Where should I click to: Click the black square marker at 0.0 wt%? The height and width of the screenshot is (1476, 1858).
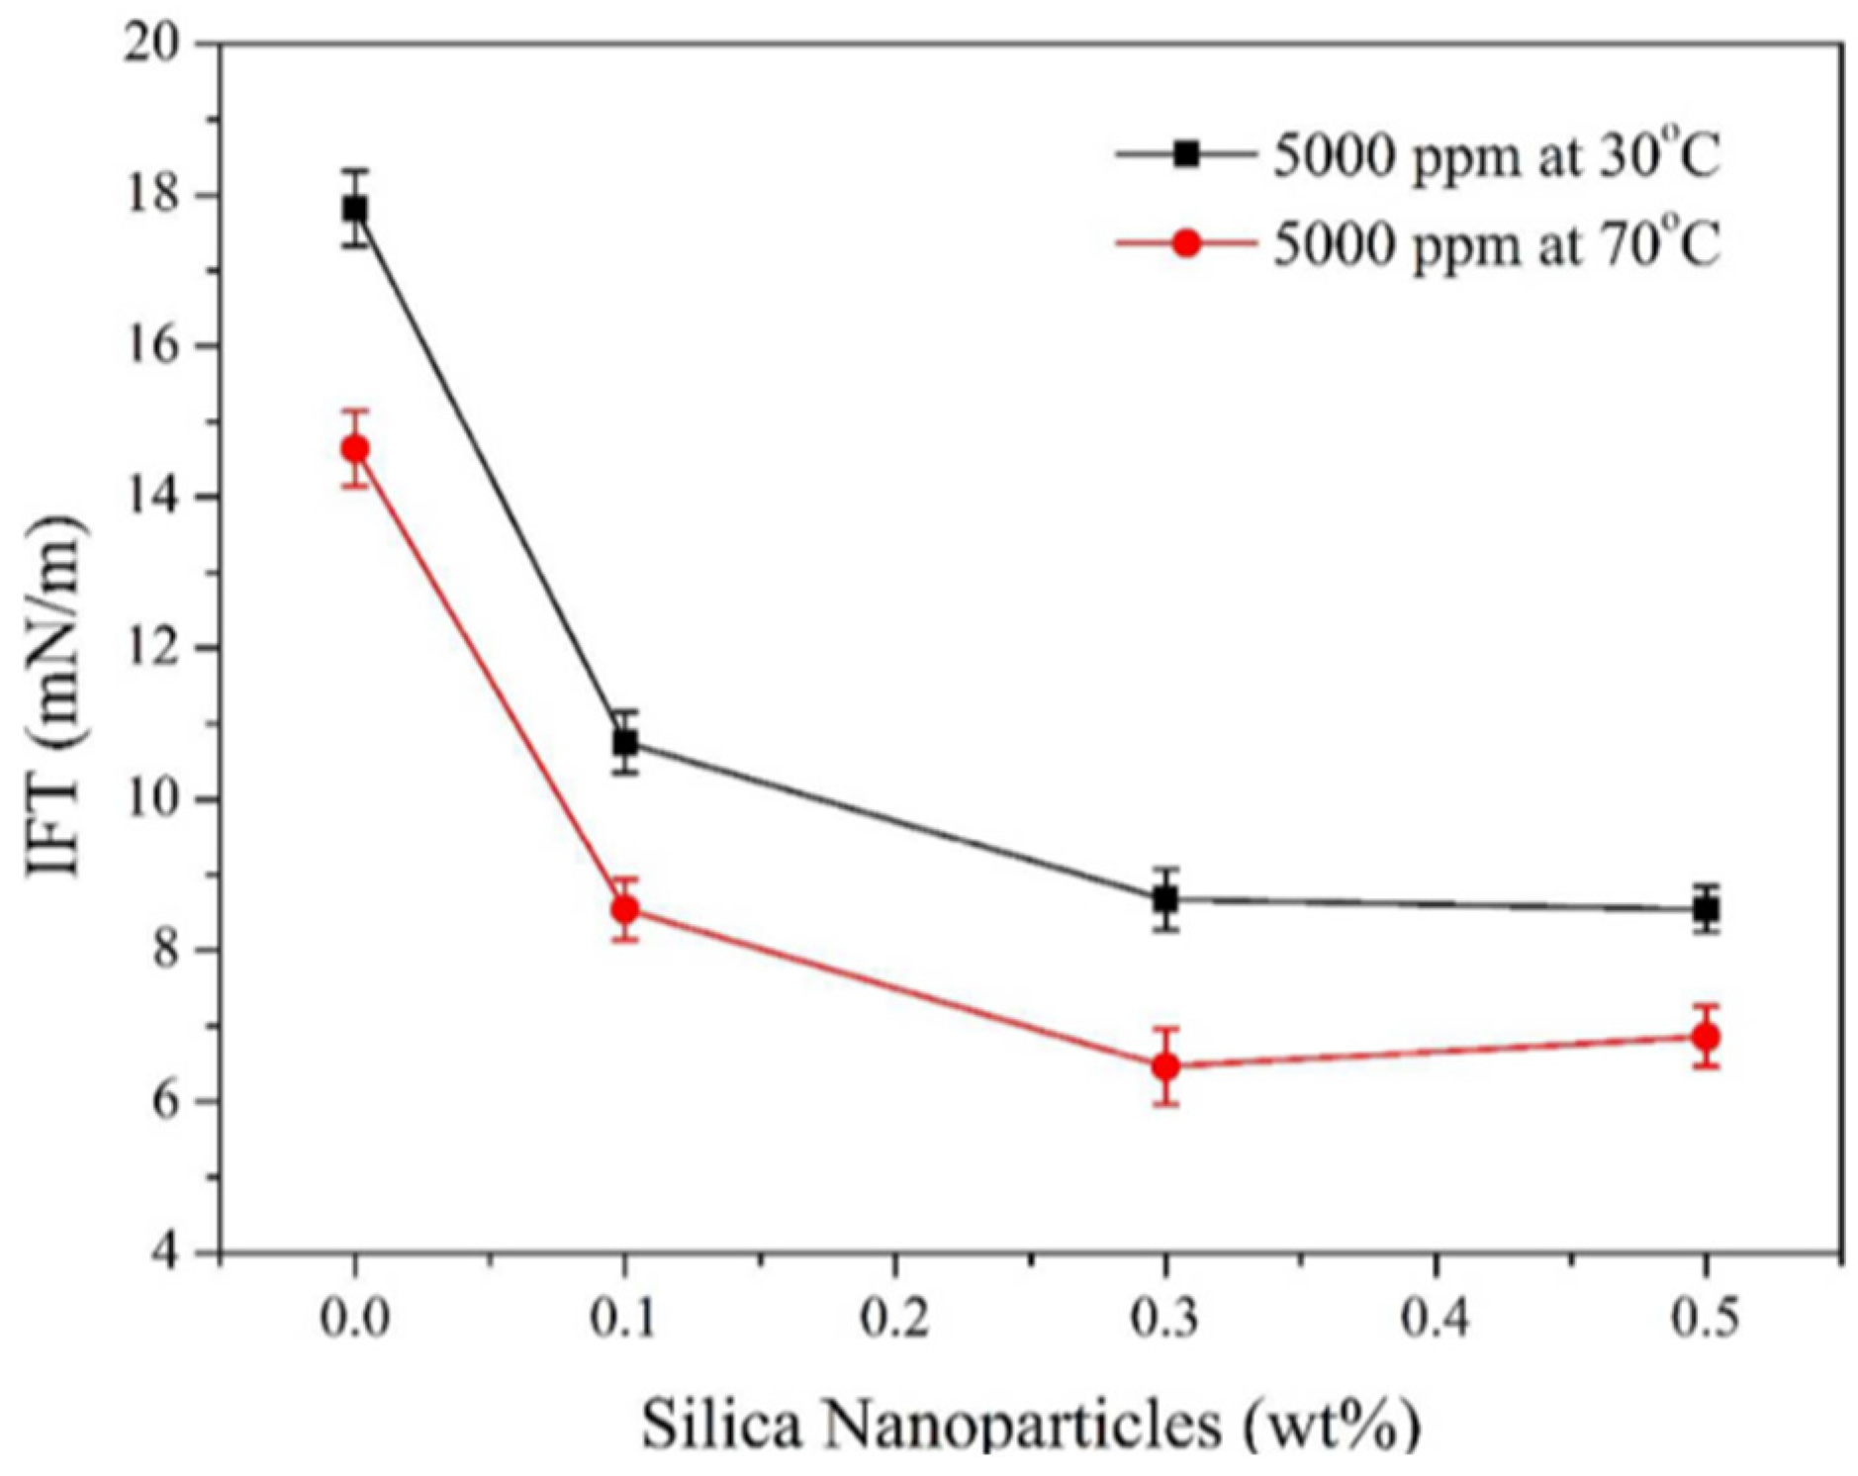point(354,209)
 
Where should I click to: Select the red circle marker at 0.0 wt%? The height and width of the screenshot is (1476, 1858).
point(354,448)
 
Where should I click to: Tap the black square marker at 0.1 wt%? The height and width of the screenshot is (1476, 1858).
point(624,742)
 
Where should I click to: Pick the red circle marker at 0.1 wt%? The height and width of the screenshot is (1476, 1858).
point(624,908)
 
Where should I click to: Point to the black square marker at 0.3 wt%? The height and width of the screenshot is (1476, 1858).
point(1165,899)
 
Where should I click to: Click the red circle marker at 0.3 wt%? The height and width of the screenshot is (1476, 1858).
point(1165,1066)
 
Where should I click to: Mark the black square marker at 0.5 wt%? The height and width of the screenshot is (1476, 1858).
point(1706,908)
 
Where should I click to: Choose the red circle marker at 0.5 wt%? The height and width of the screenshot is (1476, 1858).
point(1706,1037)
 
